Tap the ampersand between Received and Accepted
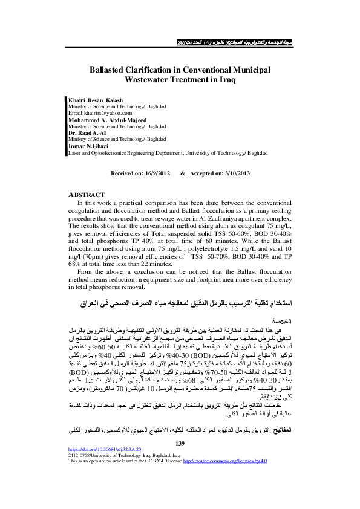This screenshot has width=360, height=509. click(x=182, y=173)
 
